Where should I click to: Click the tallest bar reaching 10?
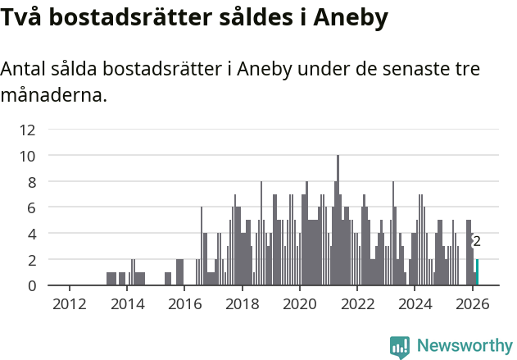(x=338, y=221)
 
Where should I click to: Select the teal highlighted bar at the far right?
(x=477, y=272)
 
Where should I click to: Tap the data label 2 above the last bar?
(x=477, y=242)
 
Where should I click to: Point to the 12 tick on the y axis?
(x=28, y=130)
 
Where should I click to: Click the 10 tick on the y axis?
(x=28, y=156)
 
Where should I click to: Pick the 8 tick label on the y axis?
(x=31, y=182)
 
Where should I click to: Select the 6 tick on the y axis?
(x=31, y=208)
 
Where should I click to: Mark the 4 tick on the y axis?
(x=31, y=234)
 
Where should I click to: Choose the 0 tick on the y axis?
(x=31, y=286)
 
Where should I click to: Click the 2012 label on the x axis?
(x=69, y=304)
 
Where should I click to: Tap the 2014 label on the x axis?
(x=127, y=304)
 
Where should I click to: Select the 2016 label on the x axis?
(x=184, y=304)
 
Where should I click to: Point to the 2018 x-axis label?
(x=242, y=304)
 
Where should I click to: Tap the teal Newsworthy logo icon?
(x=400, y=347)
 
